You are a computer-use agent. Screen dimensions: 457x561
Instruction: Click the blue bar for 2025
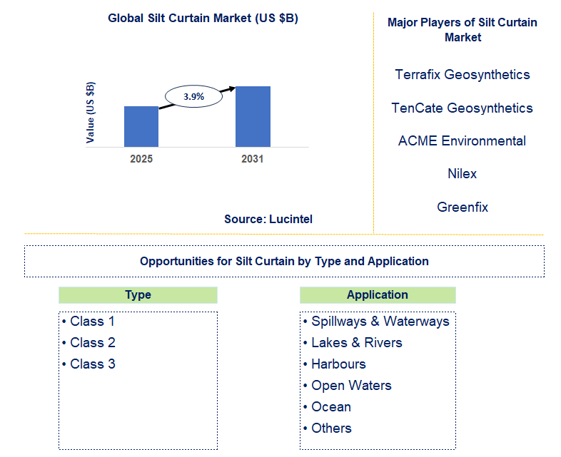[x=141, y=126]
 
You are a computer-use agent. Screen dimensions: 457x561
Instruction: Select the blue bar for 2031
[x=253, y=116]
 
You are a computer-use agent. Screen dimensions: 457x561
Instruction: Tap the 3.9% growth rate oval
[x=193, y=96]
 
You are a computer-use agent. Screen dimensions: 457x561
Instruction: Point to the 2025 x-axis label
[x=141, y=159]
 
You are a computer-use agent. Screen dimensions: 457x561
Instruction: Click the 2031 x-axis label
[x=252, y=159]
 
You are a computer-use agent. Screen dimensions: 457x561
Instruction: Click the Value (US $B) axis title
[x=91, y=113]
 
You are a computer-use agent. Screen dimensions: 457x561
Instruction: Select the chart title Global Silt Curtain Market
[x=203, y=19]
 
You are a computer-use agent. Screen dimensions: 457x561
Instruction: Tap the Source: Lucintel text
[x=268, y=219]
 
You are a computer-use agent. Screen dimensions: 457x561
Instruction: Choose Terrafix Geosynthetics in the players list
[x=463, y=74]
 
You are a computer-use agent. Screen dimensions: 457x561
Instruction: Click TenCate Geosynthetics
[x=463, y=108]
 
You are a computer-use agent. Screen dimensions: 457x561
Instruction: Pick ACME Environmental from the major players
[x=463, y=140]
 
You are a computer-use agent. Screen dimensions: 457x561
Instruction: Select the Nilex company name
[x=463, y=173]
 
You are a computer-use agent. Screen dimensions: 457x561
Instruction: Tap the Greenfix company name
[x=463, y=207]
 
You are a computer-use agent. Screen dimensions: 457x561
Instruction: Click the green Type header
[x=138, y=295]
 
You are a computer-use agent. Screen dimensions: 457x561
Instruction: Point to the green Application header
[x=378, y=295]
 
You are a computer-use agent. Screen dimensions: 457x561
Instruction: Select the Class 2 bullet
[x=93, y=342]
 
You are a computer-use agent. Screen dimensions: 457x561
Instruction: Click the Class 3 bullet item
[x=93, y=364]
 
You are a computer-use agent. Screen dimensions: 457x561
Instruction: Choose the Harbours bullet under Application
[x=338, y=364]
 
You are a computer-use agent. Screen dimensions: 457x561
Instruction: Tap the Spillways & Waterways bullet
[x=380, y=321]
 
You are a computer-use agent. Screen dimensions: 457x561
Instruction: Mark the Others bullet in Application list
[x=331, y=428]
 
